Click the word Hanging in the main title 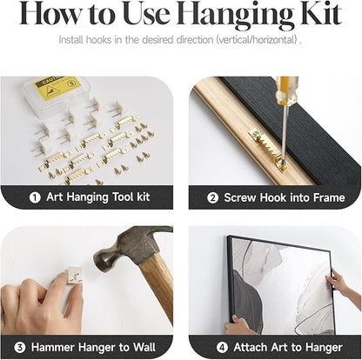click(x=238, y=15)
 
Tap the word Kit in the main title click(x=321, y=14)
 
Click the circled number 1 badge click(x=35, y=197)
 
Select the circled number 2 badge click(x=212, y=198)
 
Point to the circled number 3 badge click(x=20, y=347)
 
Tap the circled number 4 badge click(x=222, y=347)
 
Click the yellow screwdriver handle click(x=286, y=90)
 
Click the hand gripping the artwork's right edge click(x=341, y=283)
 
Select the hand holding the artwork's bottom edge click(x=240, y=324)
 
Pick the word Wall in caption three click(x=144, y=347)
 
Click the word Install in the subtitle click(x=70, y=40)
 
